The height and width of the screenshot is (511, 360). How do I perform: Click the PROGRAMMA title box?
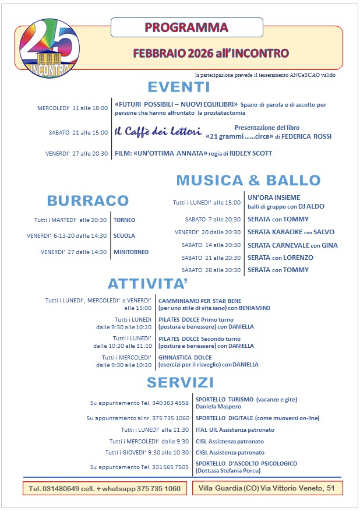186,27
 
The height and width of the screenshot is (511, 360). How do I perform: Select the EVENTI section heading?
178,87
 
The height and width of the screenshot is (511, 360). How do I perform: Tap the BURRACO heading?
88,200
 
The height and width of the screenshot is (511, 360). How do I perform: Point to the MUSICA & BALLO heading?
248,180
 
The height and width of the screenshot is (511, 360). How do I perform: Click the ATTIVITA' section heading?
147,284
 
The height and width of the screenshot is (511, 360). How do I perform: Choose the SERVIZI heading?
180,382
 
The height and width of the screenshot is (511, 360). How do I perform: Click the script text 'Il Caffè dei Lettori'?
158,131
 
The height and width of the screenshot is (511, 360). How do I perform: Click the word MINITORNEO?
131,252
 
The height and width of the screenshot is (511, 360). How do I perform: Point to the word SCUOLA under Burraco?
124,236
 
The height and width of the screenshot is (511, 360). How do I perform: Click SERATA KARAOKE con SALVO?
291,232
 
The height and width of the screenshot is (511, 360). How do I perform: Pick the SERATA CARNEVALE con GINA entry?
292,245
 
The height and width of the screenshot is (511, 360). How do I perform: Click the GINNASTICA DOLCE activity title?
185,357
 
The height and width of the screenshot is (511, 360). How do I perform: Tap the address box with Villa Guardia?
267,488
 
